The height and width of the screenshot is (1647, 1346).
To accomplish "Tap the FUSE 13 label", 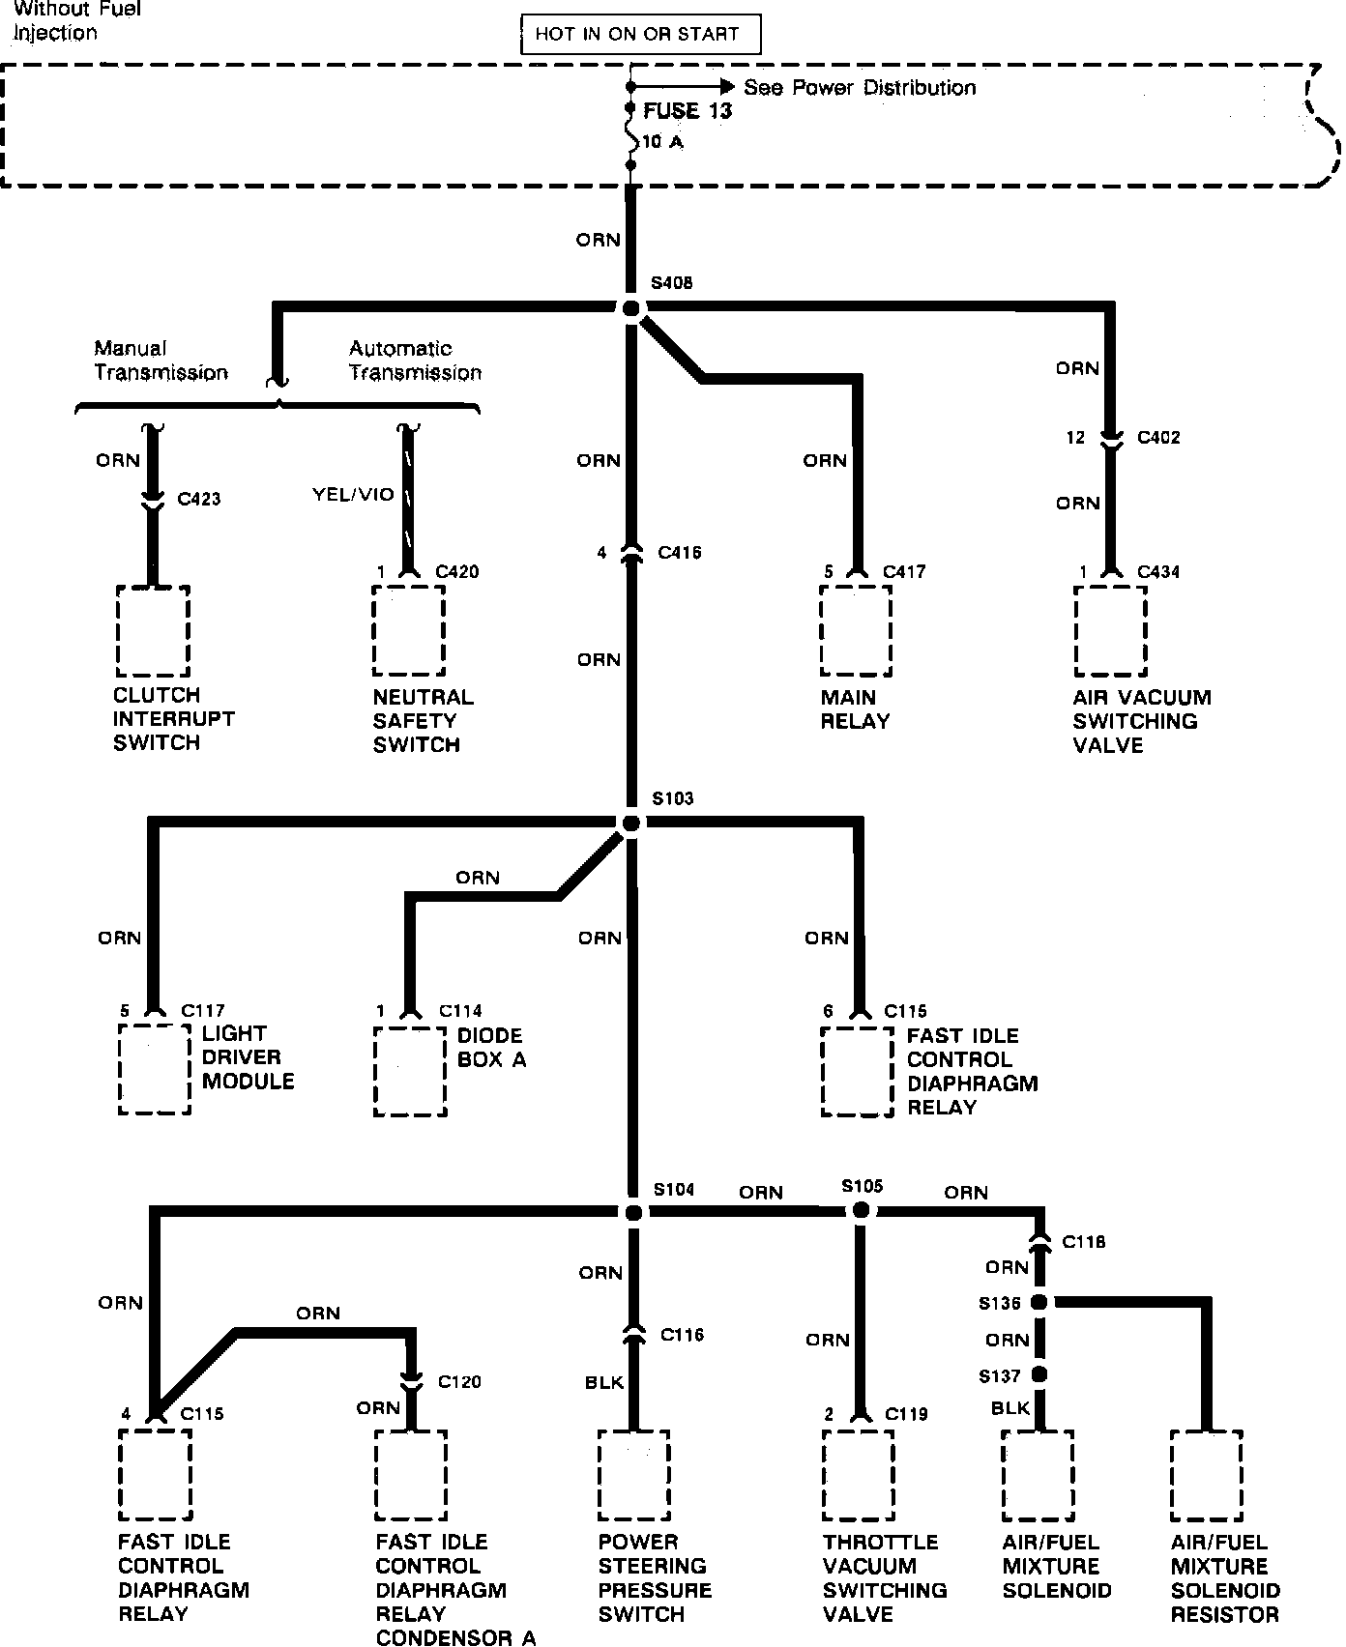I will (688, 111).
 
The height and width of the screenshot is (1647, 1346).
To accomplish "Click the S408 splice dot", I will (631, 308).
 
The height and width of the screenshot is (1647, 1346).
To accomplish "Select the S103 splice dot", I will (631, 823).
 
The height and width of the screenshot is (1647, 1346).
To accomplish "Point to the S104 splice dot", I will (632, 1212).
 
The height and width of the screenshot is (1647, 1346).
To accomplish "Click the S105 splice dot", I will (859, 1210).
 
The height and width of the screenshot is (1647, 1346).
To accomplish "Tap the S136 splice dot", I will (1039, 1303).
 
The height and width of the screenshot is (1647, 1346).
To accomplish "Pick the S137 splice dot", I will (1039, 1374).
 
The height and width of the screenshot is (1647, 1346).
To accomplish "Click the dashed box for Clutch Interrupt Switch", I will (153, 631).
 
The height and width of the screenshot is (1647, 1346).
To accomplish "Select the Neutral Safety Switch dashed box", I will (409, 631).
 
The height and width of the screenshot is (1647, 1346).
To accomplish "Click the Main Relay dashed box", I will (856, 631).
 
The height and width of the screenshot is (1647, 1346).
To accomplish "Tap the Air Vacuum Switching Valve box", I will (1110, 631).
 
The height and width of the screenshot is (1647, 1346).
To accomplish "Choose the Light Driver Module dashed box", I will (155, 1070).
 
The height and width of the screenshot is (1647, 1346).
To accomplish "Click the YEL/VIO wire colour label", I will (353, 495).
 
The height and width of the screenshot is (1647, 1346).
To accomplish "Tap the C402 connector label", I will (1158, 438).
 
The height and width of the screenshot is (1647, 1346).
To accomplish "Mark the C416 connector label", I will (680, 553).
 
